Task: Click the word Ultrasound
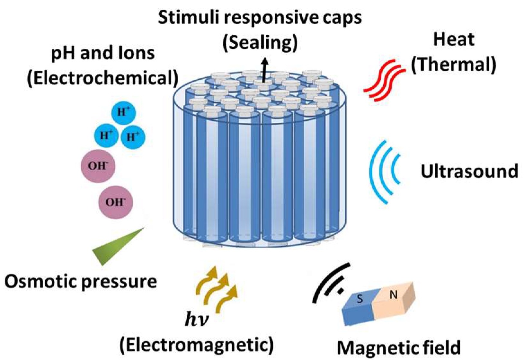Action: (469, 171)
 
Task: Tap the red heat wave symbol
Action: (384, 80)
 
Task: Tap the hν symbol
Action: (197, 319)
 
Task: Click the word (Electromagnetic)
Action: (197, 345)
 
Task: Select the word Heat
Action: (454, 40)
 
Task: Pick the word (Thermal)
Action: (454, 64)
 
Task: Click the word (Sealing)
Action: (260, 42)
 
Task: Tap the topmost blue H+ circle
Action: (123, 112)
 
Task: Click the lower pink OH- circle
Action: (115, 202)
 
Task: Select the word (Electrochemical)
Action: (103, 78)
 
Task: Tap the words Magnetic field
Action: (398, 348)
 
